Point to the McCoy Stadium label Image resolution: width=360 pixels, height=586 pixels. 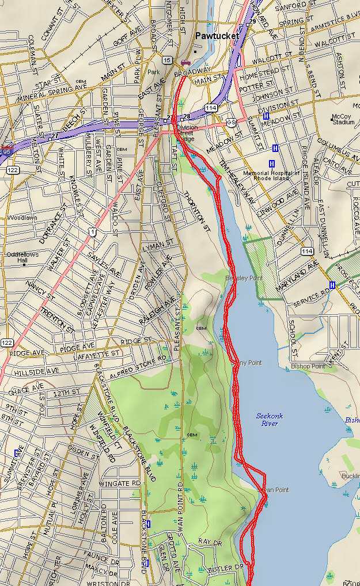343,119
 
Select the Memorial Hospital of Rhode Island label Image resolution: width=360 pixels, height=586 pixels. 271,176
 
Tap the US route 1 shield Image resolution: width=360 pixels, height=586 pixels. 92,231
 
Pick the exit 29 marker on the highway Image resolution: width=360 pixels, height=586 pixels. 252,21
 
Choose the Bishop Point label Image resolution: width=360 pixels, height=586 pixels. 308,366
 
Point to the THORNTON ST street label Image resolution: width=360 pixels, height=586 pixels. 196,211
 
